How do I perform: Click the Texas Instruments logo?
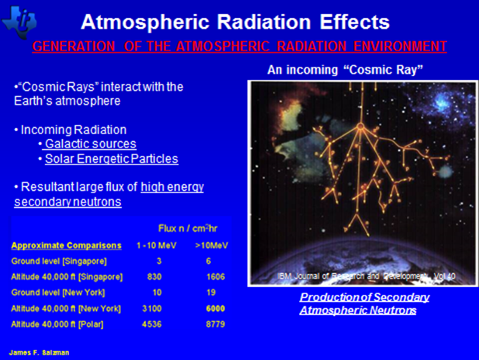click(19, 22)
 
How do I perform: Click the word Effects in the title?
click(355, 22)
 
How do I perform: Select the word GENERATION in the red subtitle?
click(74, 47)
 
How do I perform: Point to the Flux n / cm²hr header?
click(188, 228)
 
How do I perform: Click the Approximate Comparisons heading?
click(67, 246)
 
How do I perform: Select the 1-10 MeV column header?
click(157, 246)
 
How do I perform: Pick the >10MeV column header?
click(212, 246)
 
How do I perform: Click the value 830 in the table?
click(154, 277)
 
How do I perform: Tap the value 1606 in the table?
click(215, 277)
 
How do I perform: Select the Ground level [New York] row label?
click(58, 292)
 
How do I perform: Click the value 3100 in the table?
click(152, 308)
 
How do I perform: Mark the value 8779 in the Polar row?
click(215, 324)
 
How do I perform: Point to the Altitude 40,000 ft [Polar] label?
click(57, 324)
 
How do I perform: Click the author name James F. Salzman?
click(39, 353)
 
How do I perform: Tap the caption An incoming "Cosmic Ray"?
click(345, 70)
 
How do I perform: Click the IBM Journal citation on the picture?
click(367, 276)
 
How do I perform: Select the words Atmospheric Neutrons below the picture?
click(358, 310)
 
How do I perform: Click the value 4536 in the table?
click(152, 324)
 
